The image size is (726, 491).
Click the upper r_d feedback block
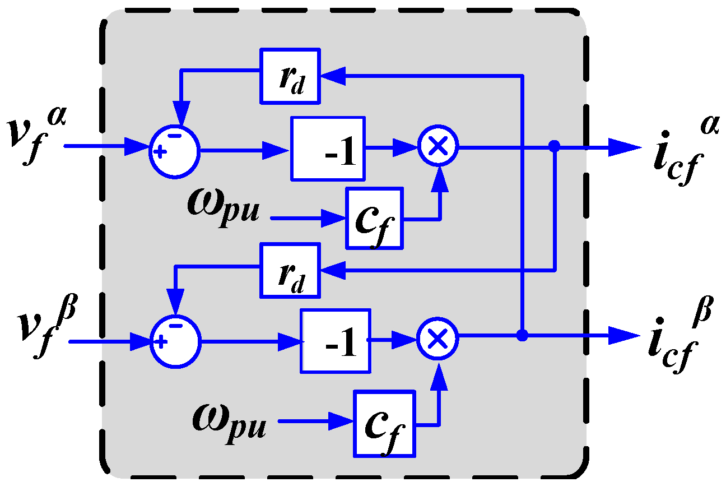click(290, 76)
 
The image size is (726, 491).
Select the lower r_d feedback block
click(290, 270)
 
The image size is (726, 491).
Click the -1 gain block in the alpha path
click(328, 149)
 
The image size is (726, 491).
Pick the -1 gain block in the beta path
click(335, 340)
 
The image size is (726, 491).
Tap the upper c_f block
click(374, 218)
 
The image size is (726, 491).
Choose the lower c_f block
click(384, 424)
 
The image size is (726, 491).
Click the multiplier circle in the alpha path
click(438, 146)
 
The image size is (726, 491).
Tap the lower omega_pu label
click(230, 418)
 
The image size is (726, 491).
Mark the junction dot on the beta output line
click(522, 336)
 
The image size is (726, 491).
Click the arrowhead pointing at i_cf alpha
click(624, 147)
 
